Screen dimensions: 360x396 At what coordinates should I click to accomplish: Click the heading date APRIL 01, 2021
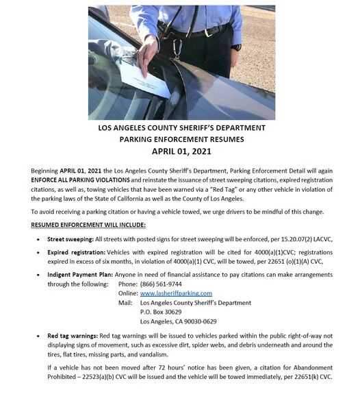(x=182, y=151)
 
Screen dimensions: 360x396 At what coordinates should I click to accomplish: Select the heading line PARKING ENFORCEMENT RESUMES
(x=182, y=139)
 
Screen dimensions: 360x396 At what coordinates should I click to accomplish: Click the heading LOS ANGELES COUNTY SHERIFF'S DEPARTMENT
(x=182, y=127)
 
